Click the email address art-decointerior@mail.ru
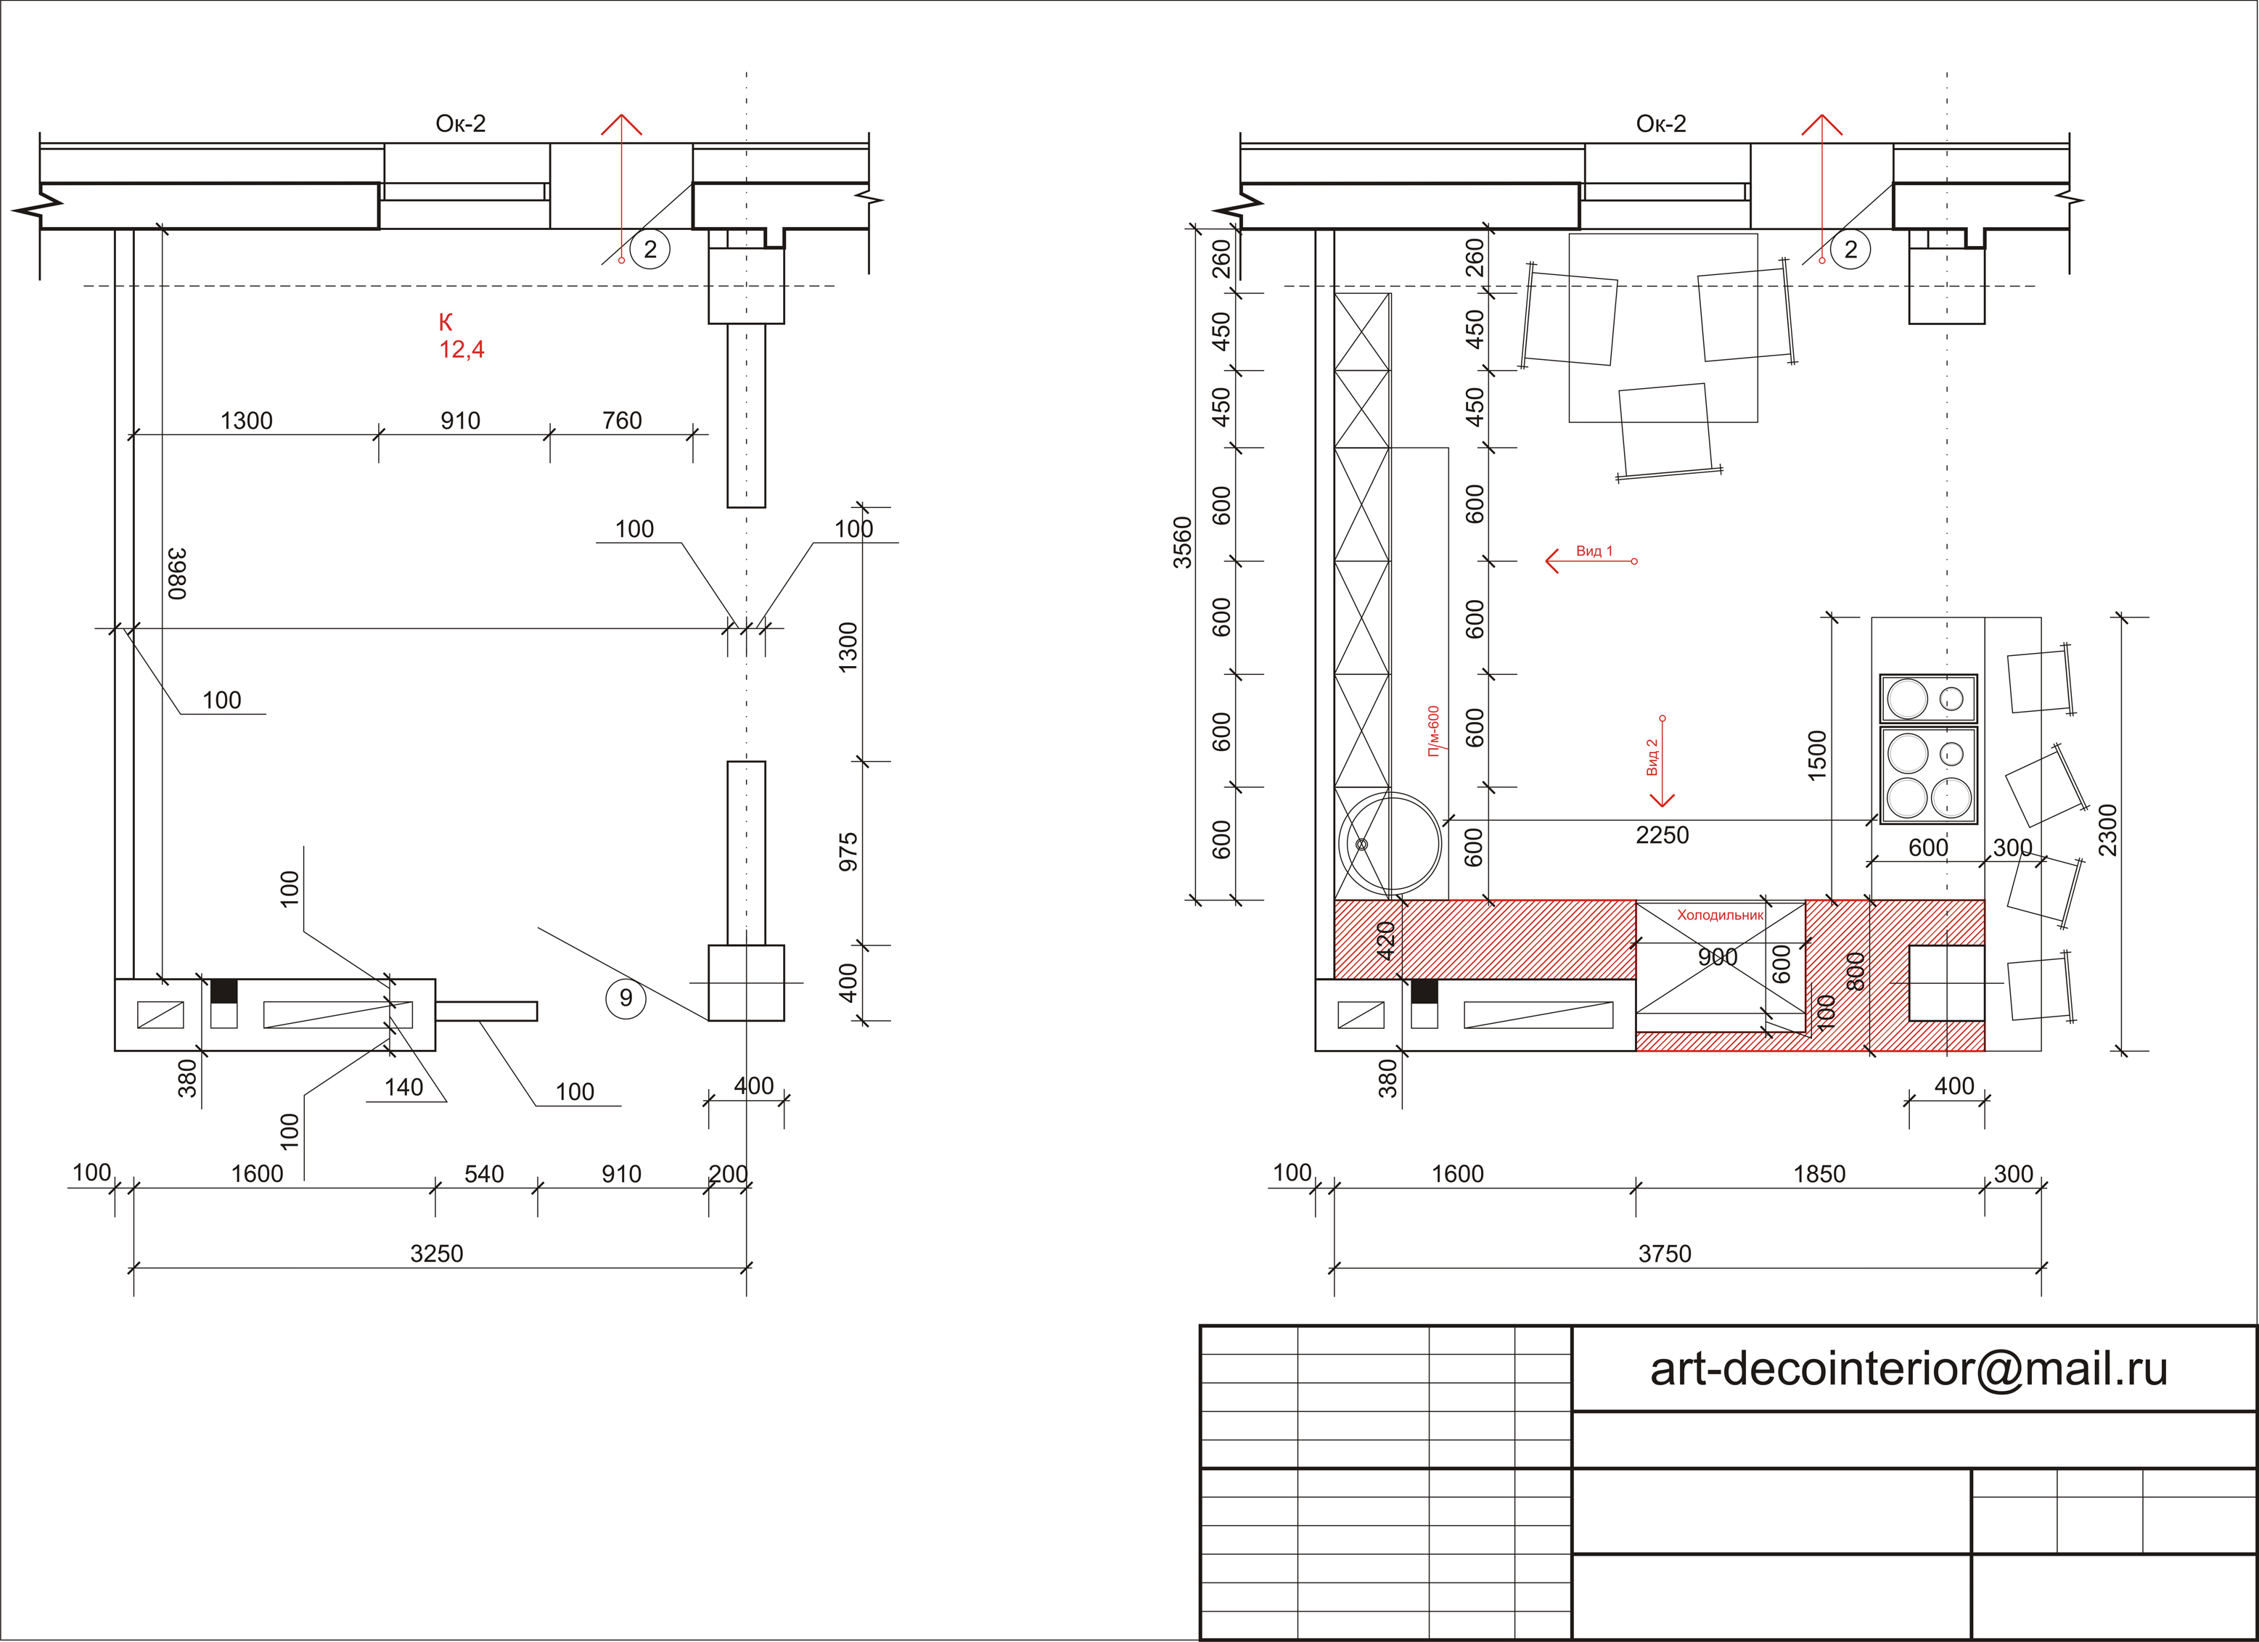pyautogui.click(x=1909, y=1369)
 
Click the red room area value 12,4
pyautogui.click(x=462, y=350)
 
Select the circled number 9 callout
pyautogui.click(x=626, y=998)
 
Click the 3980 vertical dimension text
pyautogui.click(x=177, y=573)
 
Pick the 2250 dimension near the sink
pyautogui.click(x=1663, y=835)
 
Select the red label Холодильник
pyautogui.click(x=1720, y=915)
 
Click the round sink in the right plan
pyautogui.click(x=1390, y=842)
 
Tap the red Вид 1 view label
pyautogui.click(x=1594, y=551)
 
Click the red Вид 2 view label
pyautogui.click(x=1652, y=757)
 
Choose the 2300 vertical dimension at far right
pyautogui.click(x=2107, y=831)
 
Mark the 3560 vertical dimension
pyautogui.click(x=1182, y=543)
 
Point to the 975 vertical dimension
pyautogui.click(x=848, y=853)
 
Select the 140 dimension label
pyautogui.click(x=403, y=1088)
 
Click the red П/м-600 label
pyautogui.click(x=1433, y=732)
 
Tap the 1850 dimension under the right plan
pyautogui.click(x=1820, y=1174)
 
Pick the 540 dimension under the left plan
pyautogui.click(x=484, y=1174)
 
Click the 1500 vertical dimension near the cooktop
pyautogui.click(x=1817, y=756)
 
